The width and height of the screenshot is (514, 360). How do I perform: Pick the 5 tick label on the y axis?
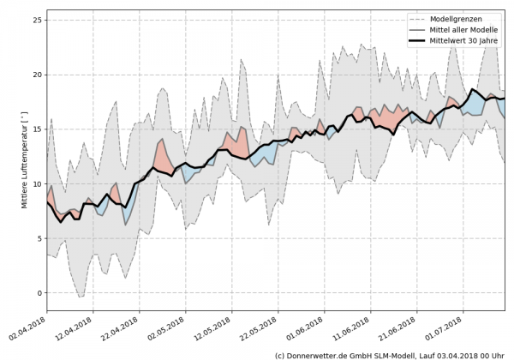[38, 238]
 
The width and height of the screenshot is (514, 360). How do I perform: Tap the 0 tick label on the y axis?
[38, 293]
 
